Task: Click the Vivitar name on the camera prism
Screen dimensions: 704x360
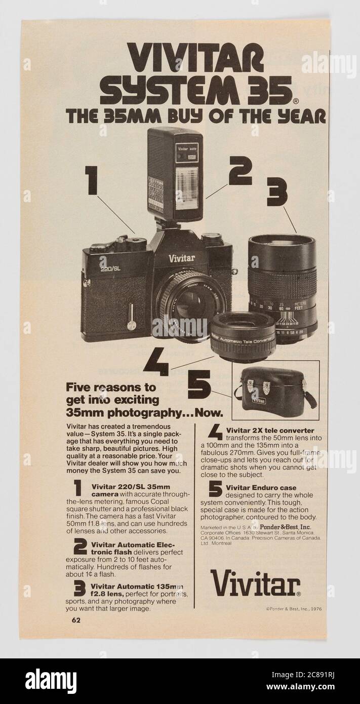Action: (x=182, y=258)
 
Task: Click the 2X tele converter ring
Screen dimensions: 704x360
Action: (x=244, y=336)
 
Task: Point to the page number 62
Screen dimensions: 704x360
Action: (x=75, y=619)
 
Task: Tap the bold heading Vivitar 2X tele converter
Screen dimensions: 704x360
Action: (x=270, y=430)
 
